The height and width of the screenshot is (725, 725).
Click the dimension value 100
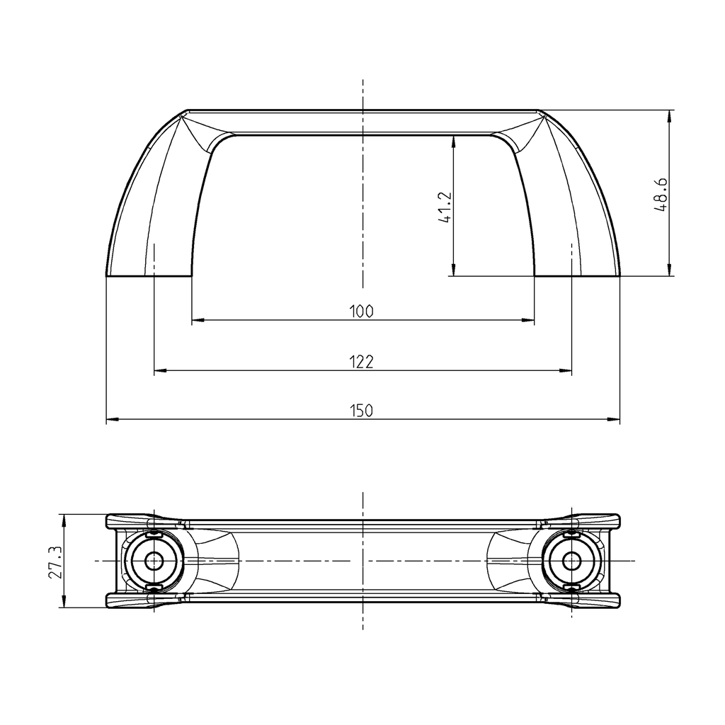click(x=361, y=311)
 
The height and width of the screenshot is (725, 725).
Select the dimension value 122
click(x=361, y=362)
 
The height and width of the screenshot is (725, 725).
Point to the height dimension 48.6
click(x=661, y=195)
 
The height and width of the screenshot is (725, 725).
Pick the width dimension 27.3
click(x=53, y=562)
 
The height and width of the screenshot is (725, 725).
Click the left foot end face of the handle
click(x=149, y=275)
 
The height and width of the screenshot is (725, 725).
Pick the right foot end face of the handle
click(x=577, y=275)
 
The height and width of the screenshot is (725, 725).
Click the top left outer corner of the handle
click(x=188, y=111)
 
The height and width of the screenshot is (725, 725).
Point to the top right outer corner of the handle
click(x=537, y=111)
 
